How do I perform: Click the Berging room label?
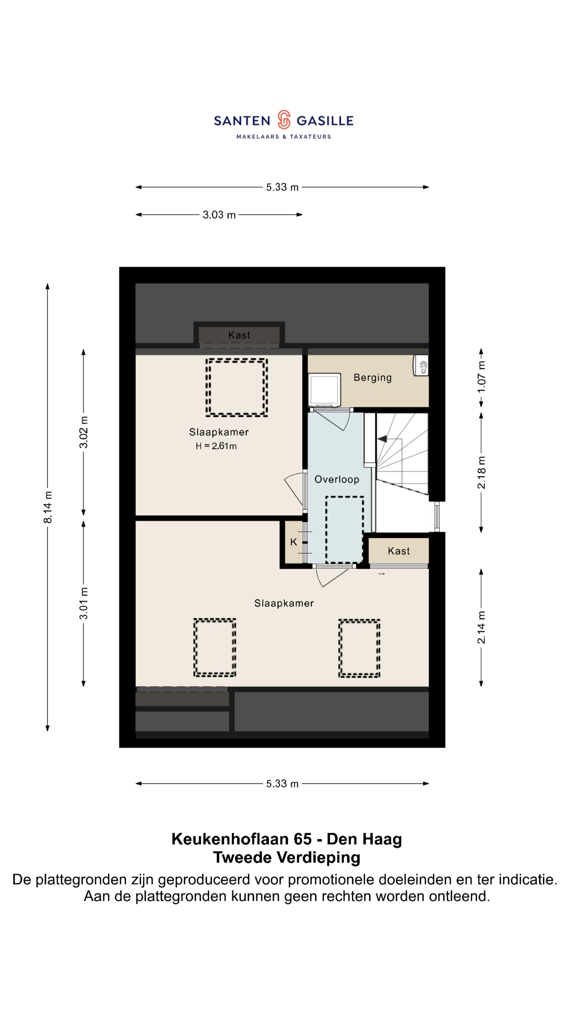point(372,378)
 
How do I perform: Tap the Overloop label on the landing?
point(337,480)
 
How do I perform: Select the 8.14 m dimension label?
point(47,507)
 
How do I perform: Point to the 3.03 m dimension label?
point(219,215)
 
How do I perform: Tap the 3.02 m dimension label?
point(83,432)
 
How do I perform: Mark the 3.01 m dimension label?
point(83,603)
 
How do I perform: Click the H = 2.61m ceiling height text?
point(216,446)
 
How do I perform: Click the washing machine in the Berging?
point(325,390)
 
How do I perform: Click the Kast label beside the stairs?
point(398,551)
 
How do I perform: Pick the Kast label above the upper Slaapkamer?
point(239,335)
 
